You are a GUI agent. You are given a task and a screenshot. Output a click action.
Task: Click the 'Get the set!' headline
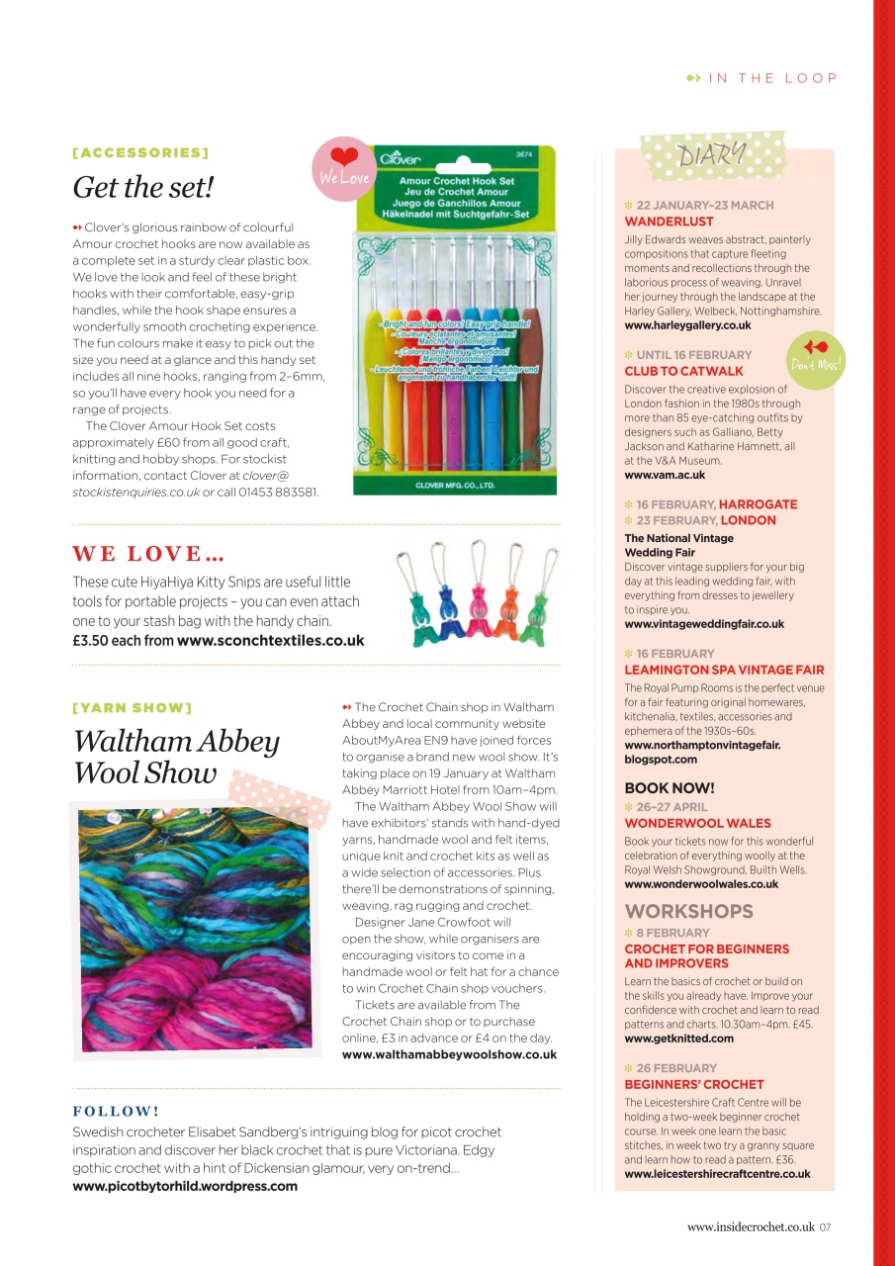[x=143, y=187]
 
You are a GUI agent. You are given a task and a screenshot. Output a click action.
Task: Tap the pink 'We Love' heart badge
[x=344, y=169]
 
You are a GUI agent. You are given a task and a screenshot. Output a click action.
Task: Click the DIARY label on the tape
[x=712, y=154]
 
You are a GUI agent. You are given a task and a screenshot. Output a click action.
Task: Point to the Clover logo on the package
[x=401, y=159]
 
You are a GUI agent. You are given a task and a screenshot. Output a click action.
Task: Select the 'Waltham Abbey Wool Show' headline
[x=176, y=757]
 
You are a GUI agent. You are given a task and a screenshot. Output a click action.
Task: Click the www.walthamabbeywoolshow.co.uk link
[x=449, y=1054]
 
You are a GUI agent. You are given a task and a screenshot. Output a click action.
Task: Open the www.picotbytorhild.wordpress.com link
[x=185, y=1185]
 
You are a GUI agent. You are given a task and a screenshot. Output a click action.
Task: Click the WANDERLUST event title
[x=670, y=222]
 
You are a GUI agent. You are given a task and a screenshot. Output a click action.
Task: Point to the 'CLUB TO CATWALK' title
[x=684, y=371]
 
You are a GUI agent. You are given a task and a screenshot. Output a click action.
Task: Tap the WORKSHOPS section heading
[x=689, y=911]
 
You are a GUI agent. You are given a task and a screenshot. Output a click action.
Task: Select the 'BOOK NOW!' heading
[x=670, y=788]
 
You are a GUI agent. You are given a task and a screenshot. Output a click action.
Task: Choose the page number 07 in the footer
[x=825, y=1227]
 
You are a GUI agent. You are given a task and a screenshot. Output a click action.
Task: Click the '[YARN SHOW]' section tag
[x=133, y=708]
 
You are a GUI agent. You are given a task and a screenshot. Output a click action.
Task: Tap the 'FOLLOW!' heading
[x=117, y=1111]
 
